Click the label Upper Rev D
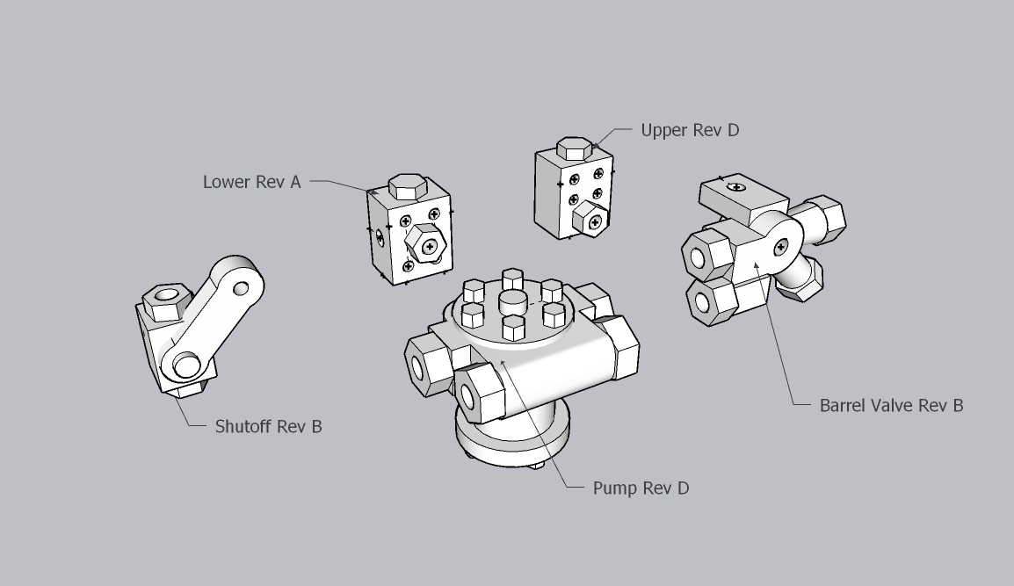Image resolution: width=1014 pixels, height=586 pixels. point(690,130)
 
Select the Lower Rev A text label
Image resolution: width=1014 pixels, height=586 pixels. point(251,182)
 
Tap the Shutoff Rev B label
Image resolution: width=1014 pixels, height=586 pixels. point(268,427)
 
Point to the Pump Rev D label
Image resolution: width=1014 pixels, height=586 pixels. point(641,488)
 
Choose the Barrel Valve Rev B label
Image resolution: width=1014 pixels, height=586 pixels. point(891,405)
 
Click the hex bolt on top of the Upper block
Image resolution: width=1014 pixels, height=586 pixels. point(575,148)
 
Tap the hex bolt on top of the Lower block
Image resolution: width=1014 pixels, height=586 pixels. point(407,187)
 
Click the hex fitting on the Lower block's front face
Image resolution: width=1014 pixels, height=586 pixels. point(425,245)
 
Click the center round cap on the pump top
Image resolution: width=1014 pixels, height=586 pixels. point(512,304)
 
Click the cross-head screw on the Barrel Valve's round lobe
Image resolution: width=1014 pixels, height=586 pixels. point(781,249)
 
